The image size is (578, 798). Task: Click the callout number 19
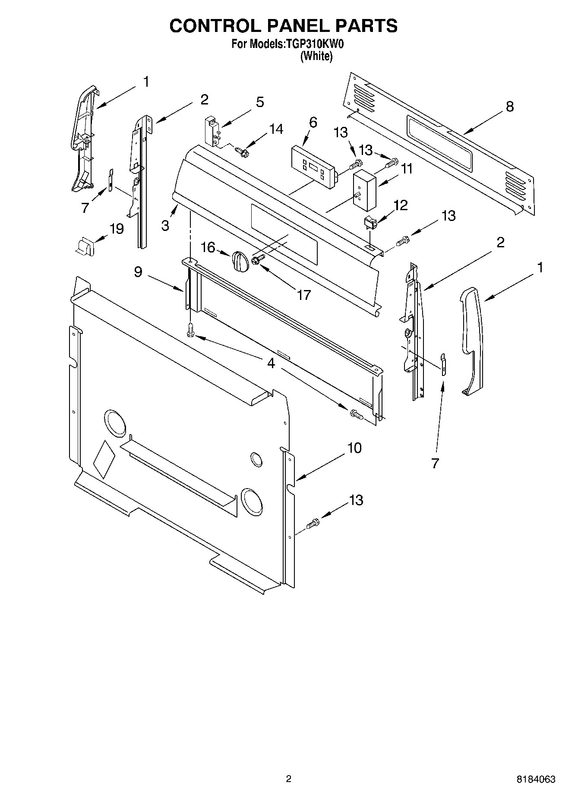coord(117,228)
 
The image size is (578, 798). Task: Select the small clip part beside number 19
coord(83,247)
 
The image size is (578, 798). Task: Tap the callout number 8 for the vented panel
coord(510,107)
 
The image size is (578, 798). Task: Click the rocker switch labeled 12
coord(370,223)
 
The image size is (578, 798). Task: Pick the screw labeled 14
coord(241,151)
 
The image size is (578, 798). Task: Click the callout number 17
coord(304,295)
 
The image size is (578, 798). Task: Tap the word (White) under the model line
coord(316,56)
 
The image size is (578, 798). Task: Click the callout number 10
coord(354,448)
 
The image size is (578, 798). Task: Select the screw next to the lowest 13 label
coord(313,524)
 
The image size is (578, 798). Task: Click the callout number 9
coord(138,272)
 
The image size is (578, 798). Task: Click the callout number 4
coord(271,363)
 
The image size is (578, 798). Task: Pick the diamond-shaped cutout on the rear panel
coord(104,460)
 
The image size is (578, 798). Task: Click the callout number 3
coord(165,225)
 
